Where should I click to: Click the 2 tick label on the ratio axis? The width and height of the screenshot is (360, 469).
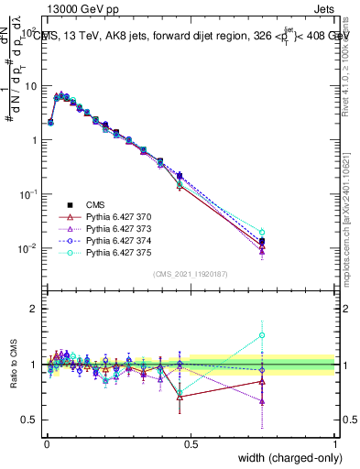35,309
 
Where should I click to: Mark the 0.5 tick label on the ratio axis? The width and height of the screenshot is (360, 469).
30,420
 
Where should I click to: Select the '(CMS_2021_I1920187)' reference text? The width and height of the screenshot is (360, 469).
190,274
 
